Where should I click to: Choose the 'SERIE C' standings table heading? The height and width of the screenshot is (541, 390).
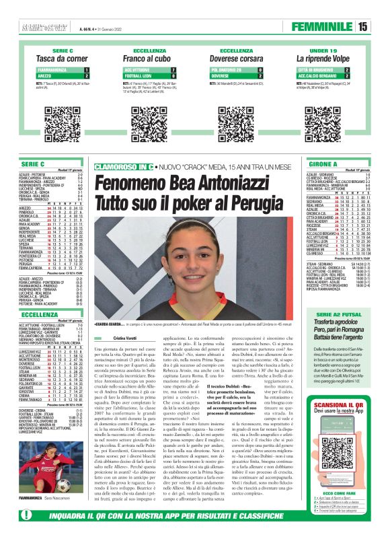click(x=33, y=164)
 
